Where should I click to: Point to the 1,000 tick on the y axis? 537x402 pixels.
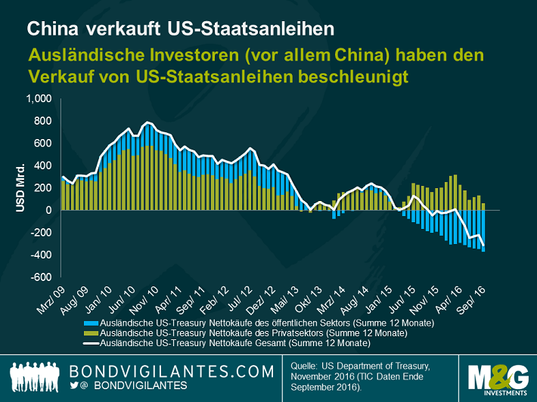(38, 99)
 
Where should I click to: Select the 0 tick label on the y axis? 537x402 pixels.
(47, 210)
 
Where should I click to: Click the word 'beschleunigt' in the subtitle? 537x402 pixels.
(348, 77)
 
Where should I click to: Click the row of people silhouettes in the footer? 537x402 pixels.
(36, 376)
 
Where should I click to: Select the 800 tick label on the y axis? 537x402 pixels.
(42, 121)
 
